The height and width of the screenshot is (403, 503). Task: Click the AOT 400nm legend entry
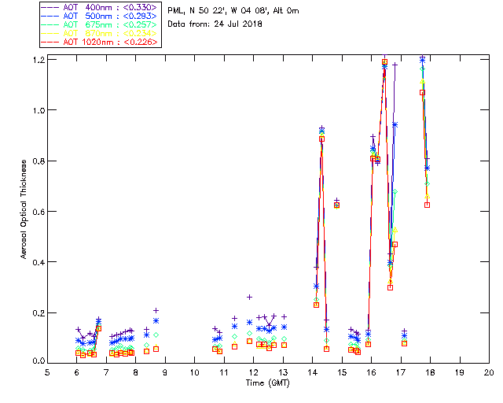point(99,7)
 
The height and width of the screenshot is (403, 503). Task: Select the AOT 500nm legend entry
point(99,16)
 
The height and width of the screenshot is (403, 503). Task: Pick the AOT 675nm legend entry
point(99,24)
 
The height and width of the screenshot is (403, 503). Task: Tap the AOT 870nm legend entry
point(99,33)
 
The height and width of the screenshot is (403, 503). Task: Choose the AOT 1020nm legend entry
point(99,42)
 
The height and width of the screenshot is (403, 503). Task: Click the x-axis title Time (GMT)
point(267,383)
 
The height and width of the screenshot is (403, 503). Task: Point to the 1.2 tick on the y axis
point(38,60)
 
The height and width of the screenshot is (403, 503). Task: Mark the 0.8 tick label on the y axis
point(38,161)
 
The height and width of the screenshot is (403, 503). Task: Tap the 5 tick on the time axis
point(47,372)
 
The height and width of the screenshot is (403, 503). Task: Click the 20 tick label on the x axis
point(489,372)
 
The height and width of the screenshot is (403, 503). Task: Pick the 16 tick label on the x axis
point(371,372)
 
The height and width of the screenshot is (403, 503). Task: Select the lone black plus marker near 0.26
point(249,297)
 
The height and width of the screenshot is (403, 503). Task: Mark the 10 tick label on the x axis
point(194,372)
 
